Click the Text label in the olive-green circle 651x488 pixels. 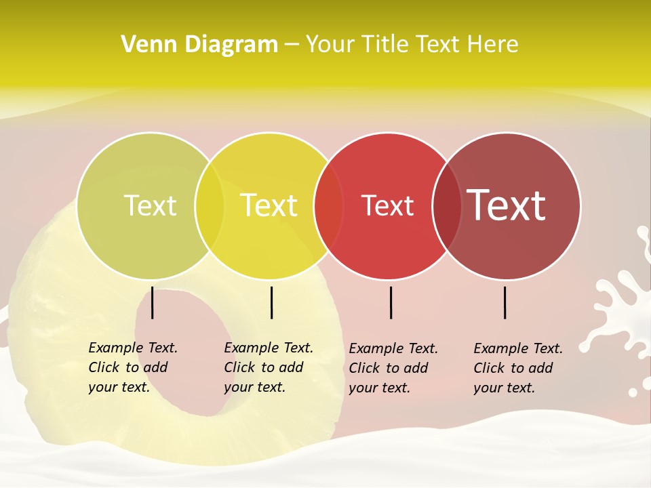(x=150, y=205)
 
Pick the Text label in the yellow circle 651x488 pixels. (x=269, y=205)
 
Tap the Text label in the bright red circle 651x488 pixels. (x=387, y=205)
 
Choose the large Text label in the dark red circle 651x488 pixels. (x=507, y=205)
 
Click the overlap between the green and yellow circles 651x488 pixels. (x=210, y=206)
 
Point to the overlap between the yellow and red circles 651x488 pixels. (x=329, y=206)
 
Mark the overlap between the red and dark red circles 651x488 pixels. (x=447, y=206)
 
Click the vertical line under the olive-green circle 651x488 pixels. (x=153, y=302)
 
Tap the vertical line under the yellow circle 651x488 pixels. (x=271, y=302)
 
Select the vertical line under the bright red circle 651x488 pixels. (x=391, y=302)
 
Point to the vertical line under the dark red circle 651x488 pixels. (x=505, y=302)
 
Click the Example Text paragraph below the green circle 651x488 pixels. (x=133, y=367)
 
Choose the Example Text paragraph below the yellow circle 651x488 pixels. (x=269, y=367)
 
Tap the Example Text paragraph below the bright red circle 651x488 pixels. (x=393, y=368)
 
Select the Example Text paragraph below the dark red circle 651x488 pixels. (x=518, y=368)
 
